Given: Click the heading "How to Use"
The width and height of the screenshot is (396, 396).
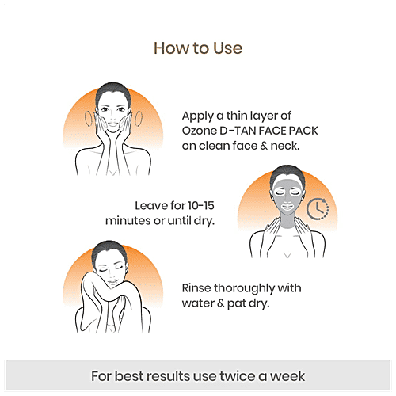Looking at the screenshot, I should [x=197, y=48].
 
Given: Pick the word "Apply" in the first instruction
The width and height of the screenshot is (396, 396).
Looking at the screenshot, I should [x=198, y=114].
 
